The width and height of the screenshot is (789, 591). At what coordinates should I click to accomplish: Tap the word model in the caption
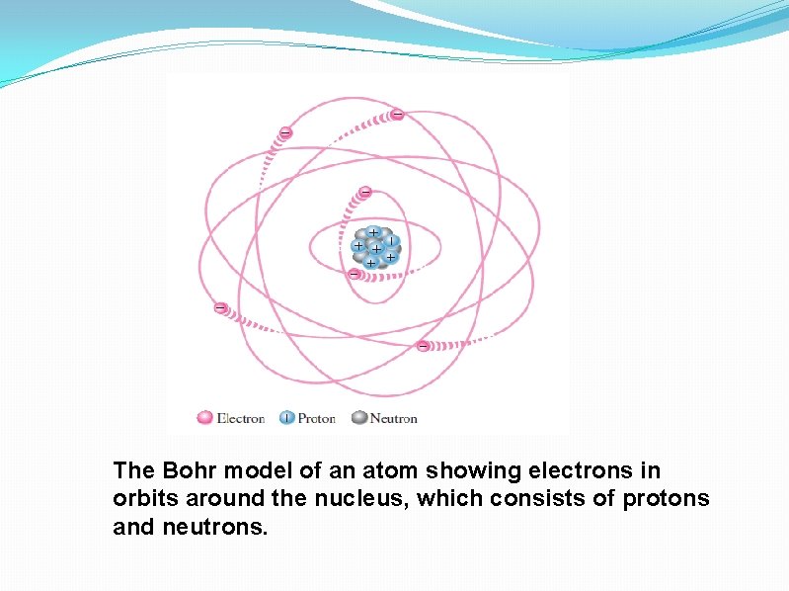(248, 470)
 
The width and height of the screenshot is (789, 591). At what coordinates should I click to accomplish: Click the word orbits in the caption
(144, 499)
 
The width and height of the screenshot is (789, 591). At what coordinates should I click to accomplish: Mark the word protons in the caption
(666, 499)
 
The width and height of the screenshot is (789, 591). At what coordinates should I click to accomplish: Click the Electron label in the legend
(240, 418)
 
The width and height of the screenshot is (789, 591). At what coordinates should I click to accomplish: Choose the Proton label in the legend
(317, 418)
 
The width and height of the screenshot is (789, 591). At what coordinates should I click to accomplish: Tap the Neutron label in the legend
(393, 418)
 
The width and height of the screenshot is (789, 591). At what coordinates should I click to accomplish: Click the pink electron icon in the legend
(205, 418)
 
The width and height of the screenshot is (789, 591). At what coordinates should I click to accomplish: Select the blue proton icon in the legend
(287, 418)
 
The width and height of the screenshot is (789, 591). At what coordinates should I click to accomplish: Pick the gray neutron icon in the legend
(358, 418)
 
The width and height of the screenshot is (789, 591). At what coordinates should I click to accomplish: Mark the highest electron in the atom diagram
(396, 115)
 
